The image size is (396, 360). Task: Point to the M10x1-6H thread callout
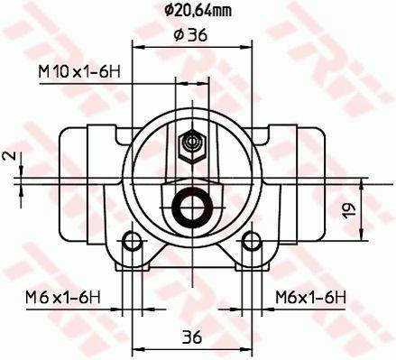(78, 71)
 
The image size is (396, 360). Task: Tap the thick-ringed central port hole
(190, 207)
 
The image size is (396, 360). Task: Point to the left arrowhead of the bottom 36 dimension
(137, 347)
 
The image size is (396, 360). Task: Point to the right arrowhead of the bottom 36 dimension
(245, 347)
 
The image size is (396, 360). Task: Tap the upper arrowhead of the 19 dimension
(362, 180)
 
